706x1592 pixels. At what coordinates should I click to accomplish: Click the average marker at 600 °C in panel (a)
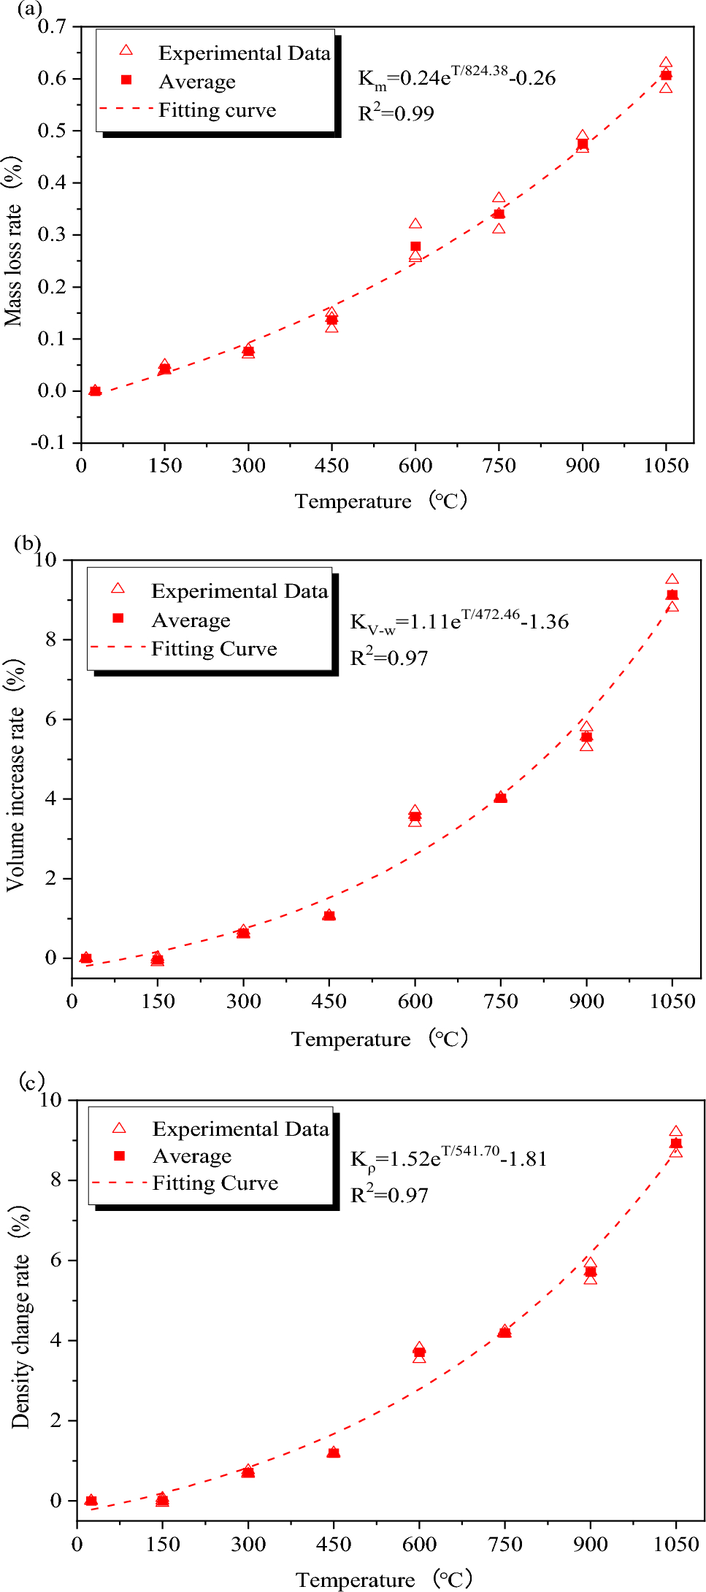pyautogui.click(x=415, y=247)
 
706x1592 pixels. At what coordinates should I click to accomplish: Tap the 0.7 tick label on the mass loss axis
pyautogui.click(x=52, y=27)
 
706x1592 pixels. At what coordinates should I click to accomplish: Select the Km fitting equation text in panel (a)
pyautogui.click(x=456, y=77)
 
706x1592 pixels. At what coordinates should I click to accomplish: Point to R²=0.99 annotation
pyautogui.click(x=396, y=113)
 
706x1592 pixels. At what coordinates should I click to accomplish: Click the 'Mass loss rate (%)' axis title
pyautogui.click(x=13, y=241)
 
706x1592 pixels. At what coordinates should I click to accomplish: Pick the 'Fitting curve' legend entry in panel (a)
pyautogui.click(x=217, y=110)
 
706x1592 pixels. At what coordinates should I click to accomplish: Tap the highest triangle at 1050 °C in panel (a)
pyautogui.click(x=666, y=64)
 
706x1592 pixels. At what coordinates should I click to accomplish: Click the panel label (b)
pyautogui.click(x=28, y=543)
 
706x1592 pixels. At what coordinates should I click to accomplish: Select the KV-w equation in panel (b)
pyautogui.click(x=459, y=621)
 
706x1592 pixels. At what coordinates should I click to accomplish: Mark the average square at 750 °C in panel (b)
pyautogui.click(x=500, y=797)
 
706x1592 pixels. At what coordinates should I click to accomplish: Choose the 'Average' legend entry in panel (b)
pyautogui.click(x=191, y=620)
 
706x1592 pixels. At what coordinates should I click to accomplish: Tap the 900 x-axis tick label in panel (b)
pyautogui.click(x=586, y=1001)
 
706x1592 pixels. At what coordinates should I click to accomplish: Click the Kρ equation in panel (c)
pyautogui.click(x=448, y=1158)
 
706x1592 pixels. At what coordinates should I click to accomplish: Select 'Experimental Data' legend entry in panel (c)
pyautogui.click(x=240, y=1129)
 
